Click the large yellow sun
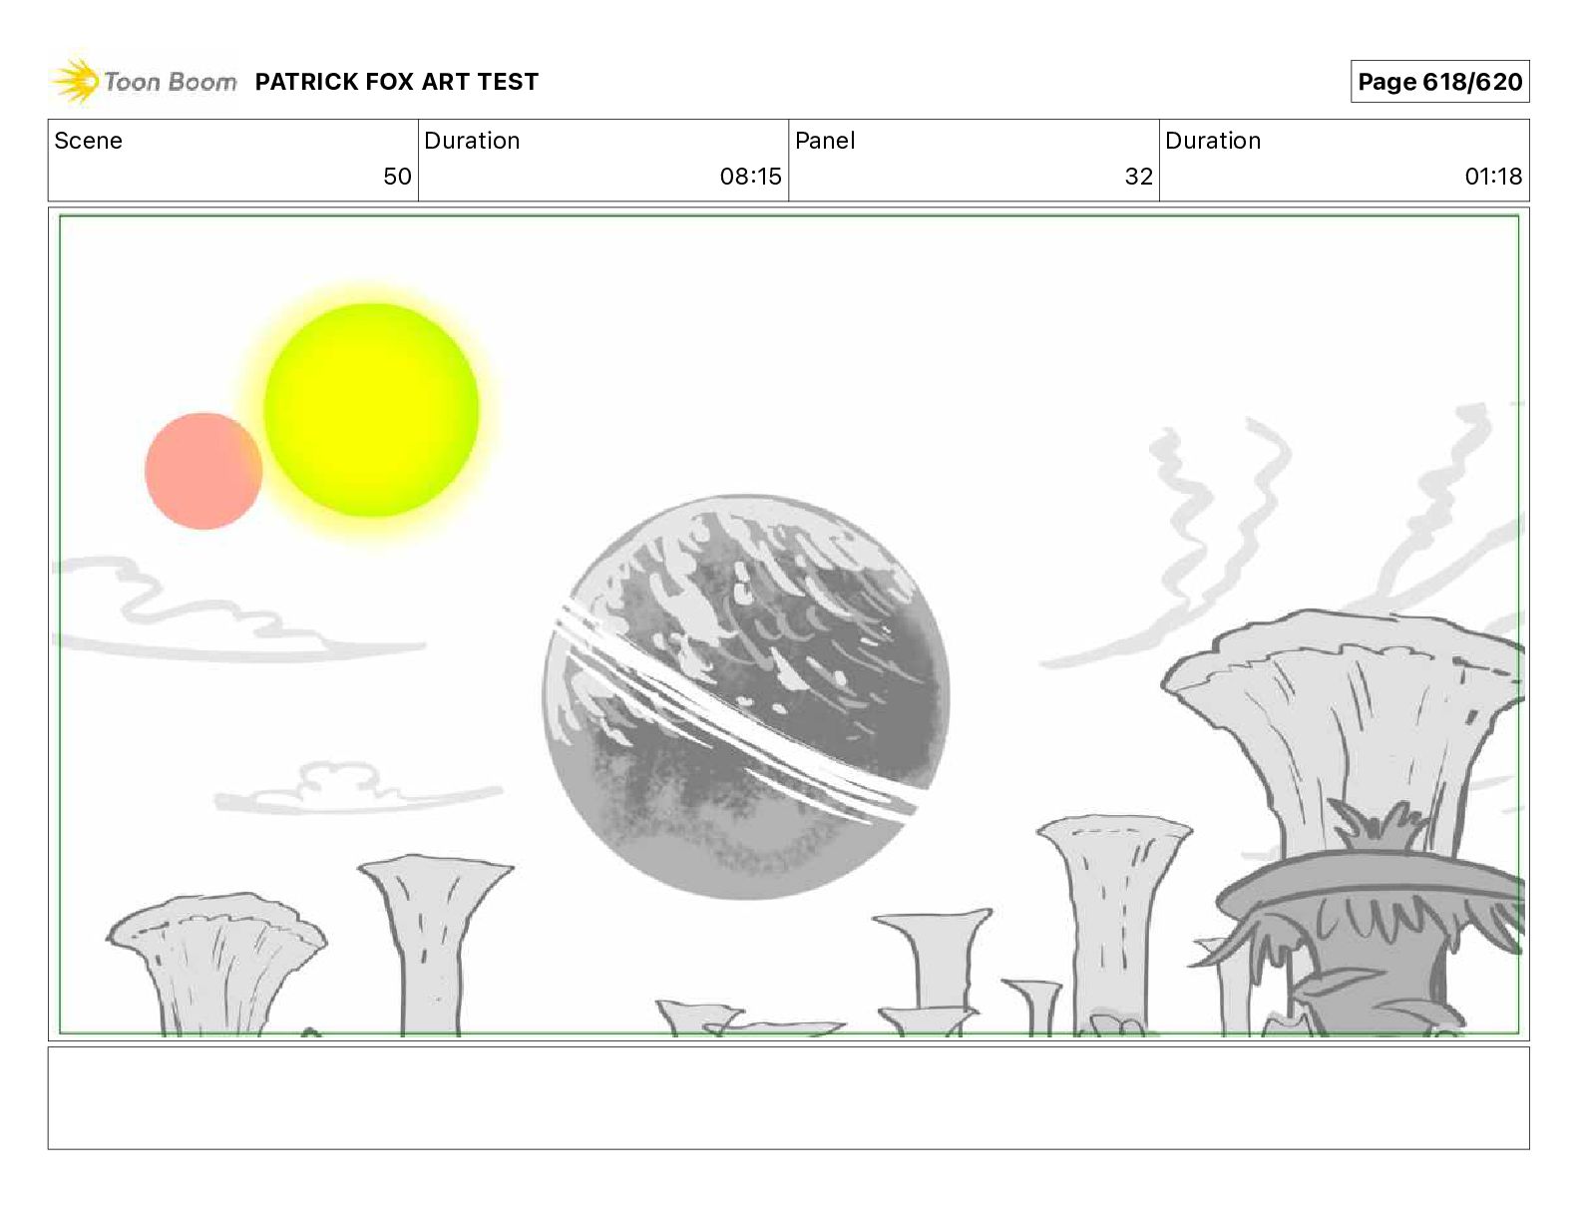(x=371, y=410)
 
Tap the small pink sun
(x=203, y=471)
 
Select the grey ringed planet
(x=746, y=696)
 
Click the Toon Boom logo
(x=144, y=81)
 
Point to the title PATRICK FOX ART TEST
(x=396, y=82)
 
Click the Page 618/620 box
(x=1439, y=82)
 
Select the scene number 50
(x=397, y=176)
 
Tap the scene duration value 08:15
(x=750, y=176)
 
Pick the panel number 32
(x=1139, y=176)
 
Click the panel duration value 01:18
(x=1493, y=176)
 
